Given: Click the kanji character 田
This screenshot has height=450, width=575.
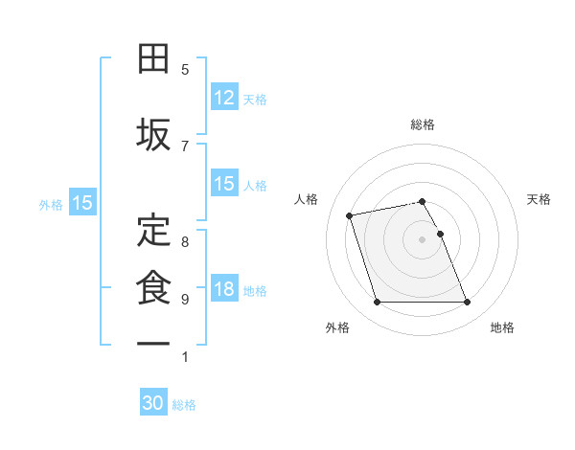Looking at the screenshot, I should [153, 59].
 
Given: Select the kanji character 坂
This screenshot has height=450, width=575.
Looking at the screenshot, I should [153, 134].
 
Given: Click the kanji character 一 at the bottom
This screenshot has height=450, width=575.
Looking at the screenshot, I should [153, 342].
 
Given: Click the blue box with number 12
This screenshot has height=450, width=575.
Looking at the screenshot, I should [224, 98].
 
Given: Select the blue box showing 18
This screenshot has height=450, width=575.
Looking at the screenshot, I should [224, 290].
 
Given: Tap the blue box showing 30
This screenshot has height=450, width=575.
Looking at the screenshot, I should [153, 404].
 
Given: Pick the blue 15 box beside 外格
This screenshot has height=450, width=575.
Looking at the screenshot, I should [82, 203].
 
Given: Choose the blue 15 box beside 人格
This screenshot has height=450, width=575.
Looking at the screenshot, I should [224, 184].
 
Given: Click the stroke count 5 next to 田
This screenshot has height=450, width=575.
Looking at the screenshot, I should [185, 70].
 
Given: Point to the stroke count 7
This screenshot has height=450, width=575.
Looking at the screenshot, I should [185, 146].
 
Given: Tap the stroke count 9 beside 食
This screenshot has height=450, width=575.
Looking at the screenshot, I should [185, 300].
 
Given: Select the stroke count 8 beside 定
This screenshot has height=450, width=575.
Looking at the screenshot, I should [185, 241].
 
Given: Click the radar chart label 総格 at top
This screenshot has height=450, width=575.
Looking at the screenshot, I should [423, 124].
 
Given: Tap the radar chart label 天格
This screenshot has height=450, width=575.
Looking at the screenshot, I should [540, 199].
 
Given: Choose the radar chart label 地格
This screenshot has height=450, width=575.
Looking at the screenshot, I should [502, 327].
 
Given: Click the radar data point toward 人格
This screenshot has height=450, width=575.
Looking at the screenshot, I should [350, 214].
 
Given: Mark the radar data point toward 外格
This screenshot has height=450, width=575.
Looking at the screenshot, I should [377, 303].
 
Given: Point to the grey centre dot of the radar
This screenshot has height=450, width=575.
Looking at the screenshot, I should [423, 239].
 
